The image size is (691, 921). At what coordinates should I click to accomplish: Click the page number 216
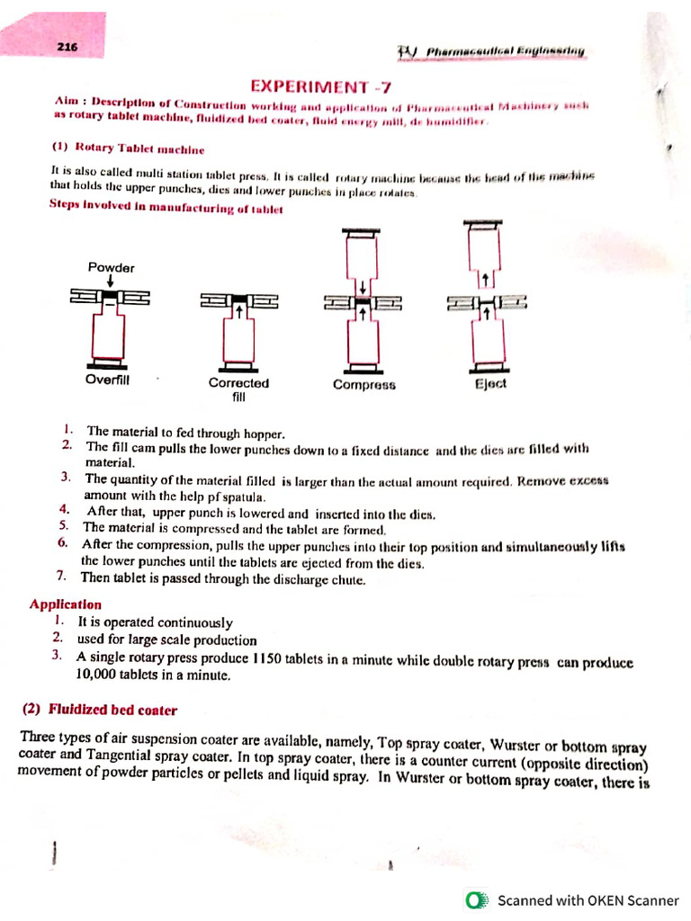pyautogui.click(x=66, y=48)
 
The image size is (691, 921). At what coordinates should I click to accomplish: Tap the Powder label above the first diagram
pyautogui.click(x=111, y=267)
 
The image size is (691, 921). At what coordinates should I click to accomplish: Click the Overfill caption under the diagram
pyautogui.click(x=108, y=380)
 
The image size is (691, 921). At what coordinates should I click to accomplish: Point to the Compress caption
pyautogui.click(x=363, y=385)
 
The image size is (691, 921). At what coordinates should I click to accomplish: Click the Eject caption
pyautogui.click(x=490, y=383)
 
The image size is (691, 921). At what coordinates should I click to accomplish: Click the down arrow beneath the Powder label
pyautogui.click(x=110, y=282)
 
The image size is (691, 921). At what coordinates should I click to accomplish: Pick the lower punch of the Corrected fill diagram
pyautogui.click(x=238, y=338)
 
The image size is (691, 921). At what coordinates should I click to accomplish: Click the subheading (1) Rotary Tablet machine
pyautogui.click(x=128, y=148)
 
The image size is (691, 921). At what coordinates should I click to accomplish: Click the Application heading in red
pyautogui.click(x=66, y=604)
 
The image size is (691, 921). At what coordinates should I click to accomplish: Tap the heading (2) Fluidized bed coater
pyautogui.click(x=100, y=710)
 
